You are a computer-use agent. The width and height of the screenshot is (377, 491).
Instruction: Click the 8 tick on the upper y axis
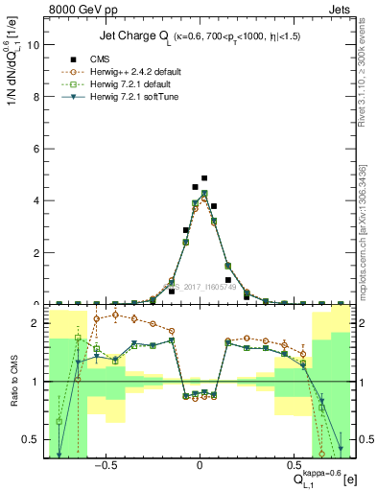[x=35, y=97]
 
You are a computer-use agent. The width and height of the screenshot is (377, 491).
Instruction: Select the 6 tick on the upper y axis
[x=35, y=149]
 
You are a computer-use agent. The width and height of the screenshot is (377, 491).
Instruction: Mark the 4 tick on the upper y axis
[x=35, y=200]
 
